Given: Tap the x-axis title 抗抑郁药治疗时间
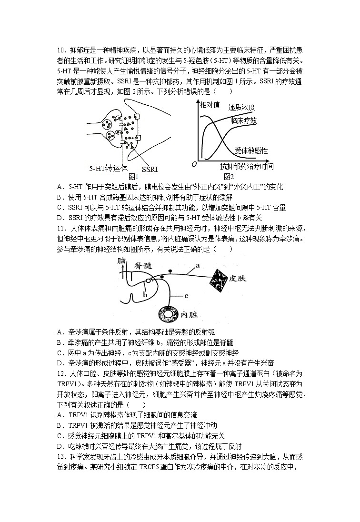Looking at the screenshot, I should pos(247,166).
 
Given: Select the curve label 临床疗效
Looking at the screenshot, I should pos(243,120).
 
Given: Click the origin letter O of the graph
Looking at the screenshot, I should pos(194,164).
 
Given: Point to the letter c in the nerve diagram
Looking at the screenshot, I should pos(187,296).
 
